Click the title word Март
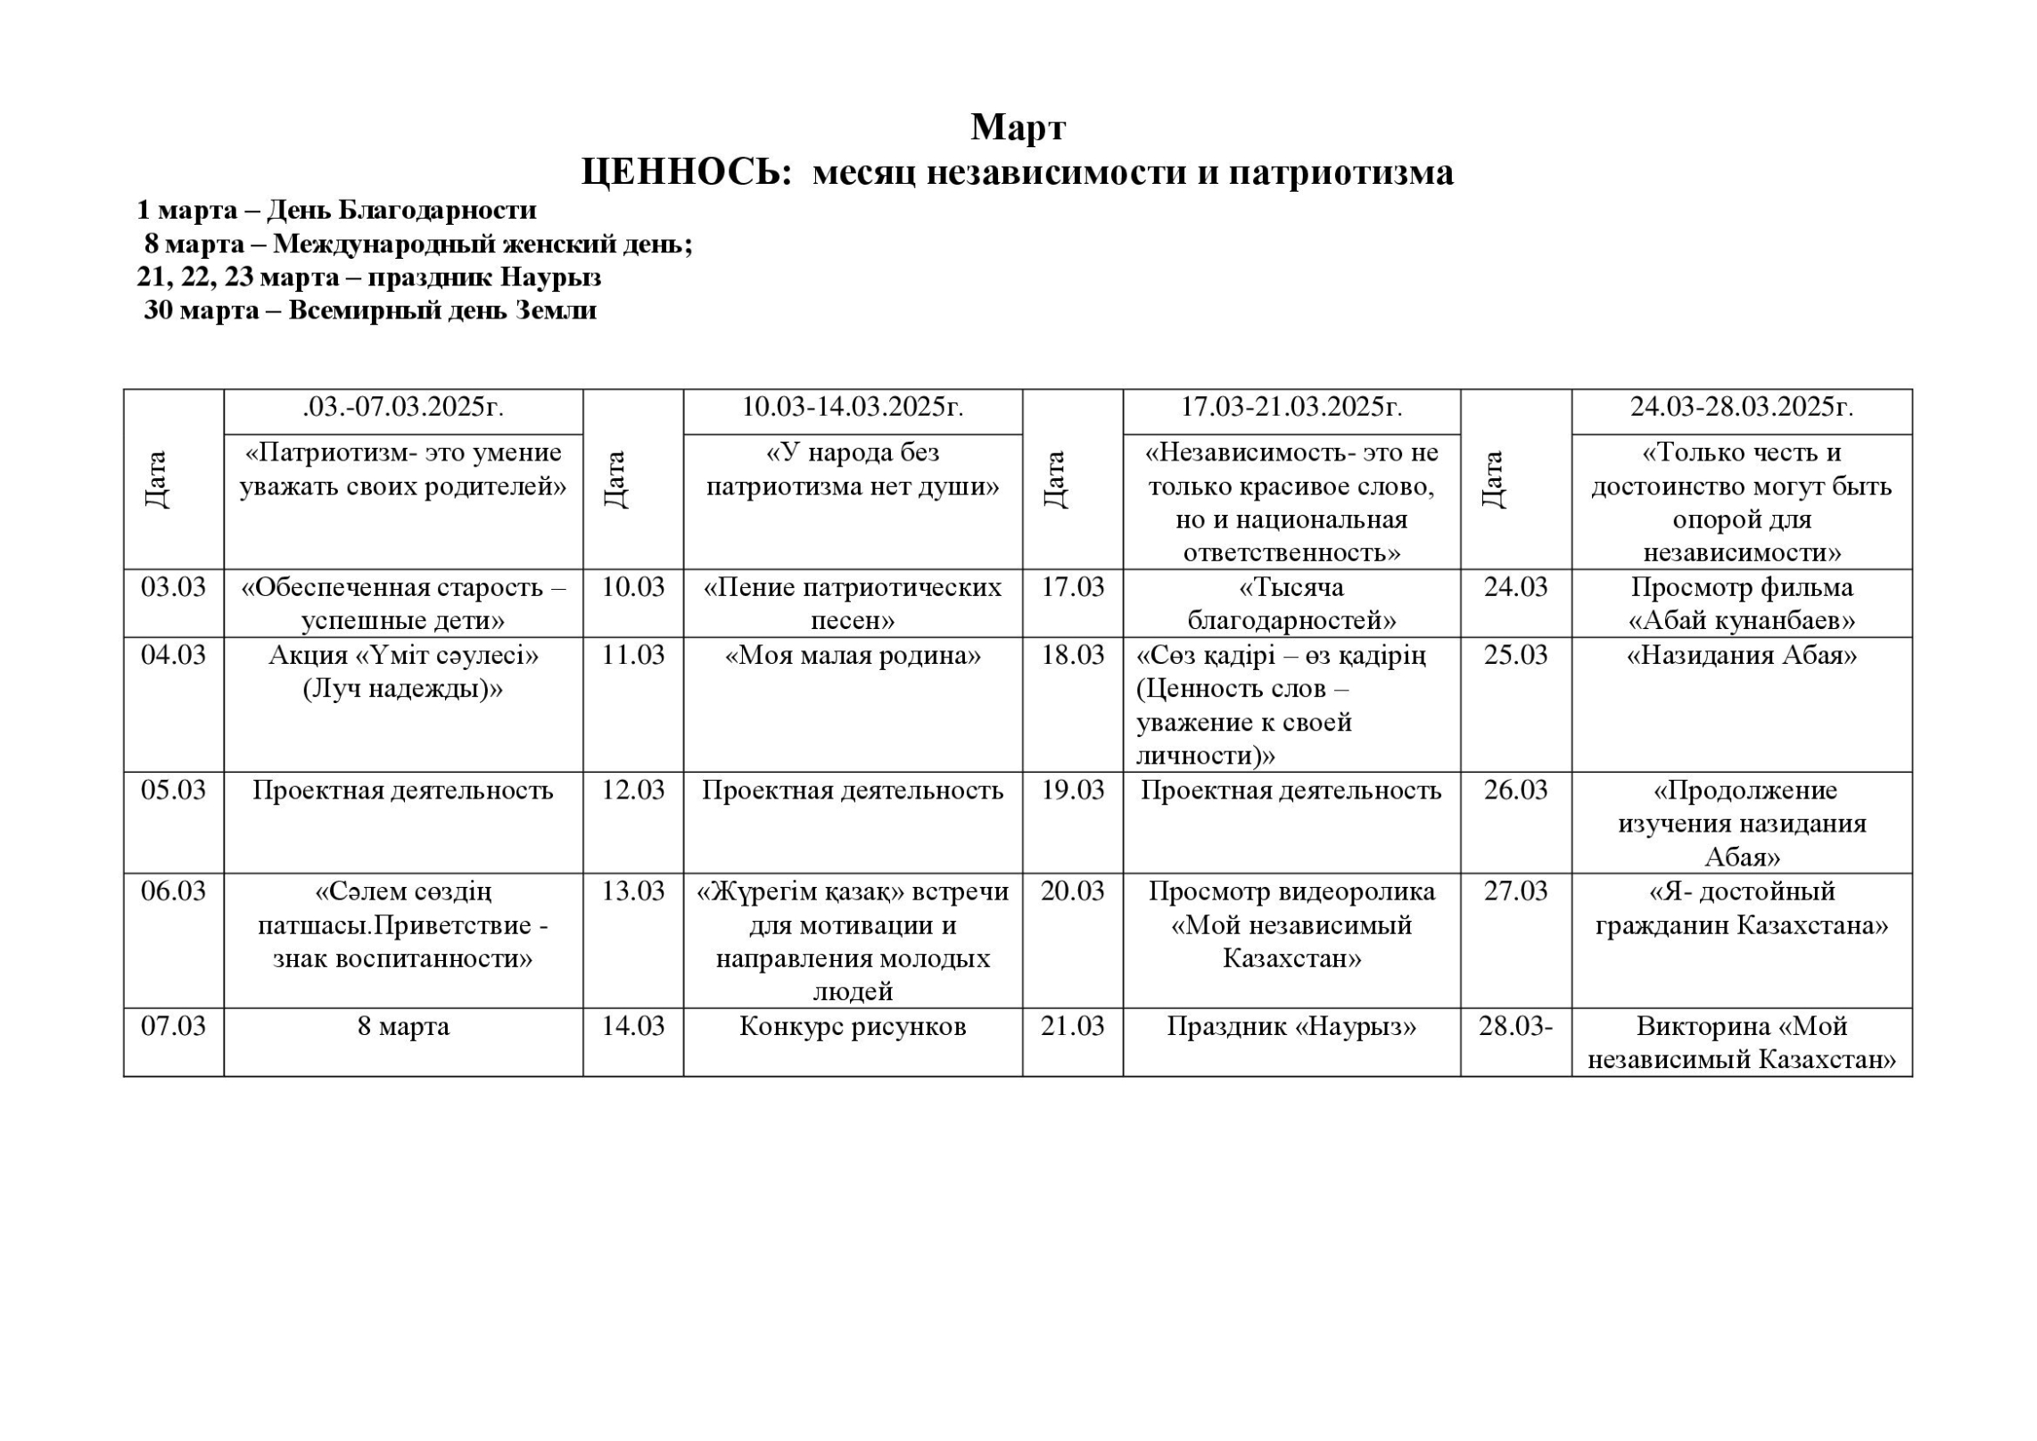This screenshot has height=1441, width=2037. pyautogui.click(x=1018, y=128)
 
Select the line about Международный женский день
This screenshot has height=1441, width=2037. pyautogui.click(x=418, y=244)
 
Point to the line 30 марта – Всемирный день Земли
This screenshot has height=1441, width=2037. pyautogui.click(x=370, y=311)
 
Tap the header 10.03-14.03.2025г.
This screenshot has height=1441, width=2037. pyautogui.click(x=853, y=407)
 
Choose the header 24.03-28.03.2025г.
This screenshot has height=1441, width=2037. pyautogui.click(x=1741, y=407)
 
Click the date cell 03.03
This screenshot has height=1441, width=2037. pyautogui.click(x=173, y=587)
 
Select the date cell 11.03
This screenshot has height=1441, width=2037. pyautogui.click(x=632, y=655)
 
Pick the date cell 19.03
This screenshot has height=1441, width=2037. pyautogui.click(x=1072, y=791)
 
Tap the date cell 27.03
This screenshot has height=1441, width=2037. pyautogui.click(x=1515, y=891)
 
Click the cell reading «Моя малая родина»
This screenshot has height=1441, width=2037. pyautogui.click(x=853, y=656)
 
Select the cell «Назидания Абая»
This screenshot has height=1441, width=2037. pyautogui.click(x=1741, y=656)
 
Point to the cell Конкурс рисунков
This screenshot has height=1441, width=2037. pyautogui.click(x=853, y=1026)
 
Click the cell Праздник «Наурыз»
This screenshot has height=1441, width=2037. pyautogui.click(x=1291, y=1026)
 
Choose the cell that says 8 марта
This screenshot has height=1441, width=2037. pyautogui.click(x=403, y=1026)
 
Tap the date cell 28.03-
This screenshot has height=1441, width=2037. pyautogui.click(x=1515, y=1026)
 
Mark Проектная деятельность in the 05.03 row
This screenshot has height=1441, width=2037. pyautogui.click(x=403, y=791)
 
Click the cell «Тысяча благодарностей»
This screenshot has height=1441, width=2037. pyautogui.click(x=1291, y=603)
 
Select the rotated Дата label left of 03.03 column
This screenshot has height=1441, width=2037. pyautogui.click(x=156, y=479)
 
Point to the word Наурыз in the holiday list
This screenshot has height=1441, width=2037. pyautogui.click(x=550, y=277)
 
